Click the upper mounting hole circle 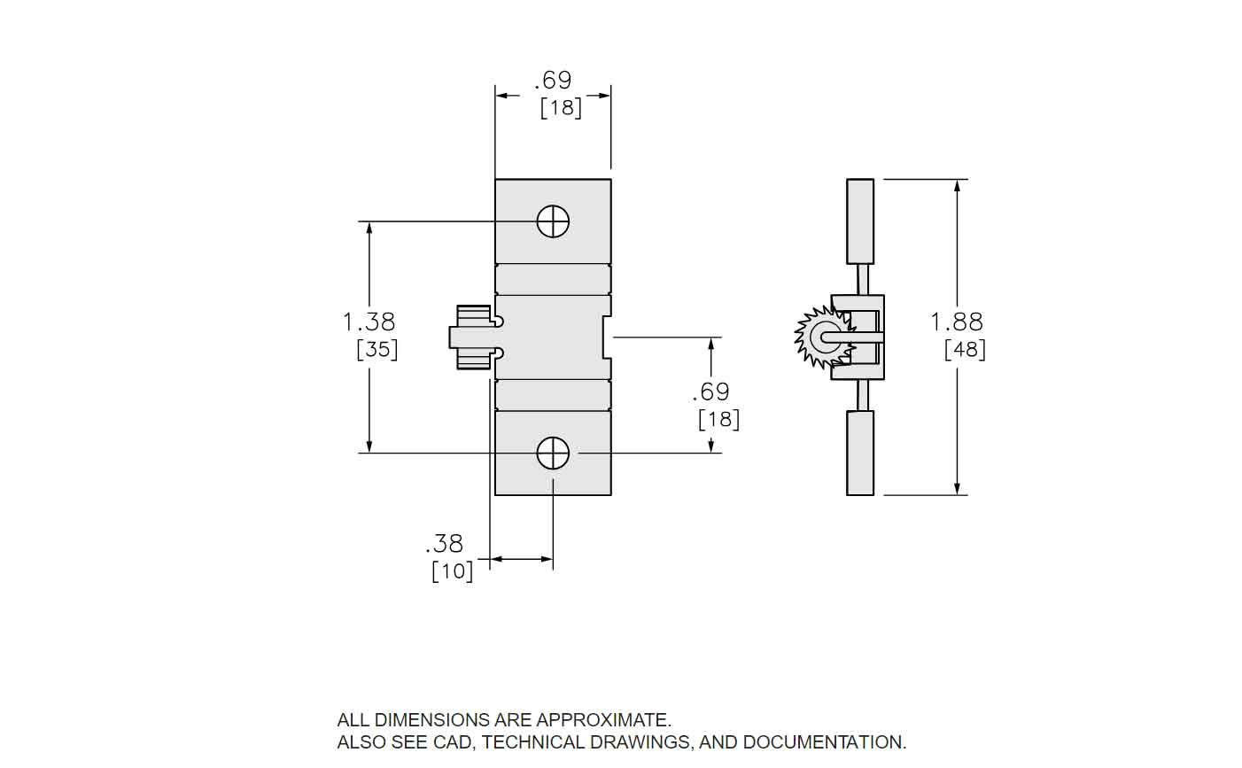pos(553,221)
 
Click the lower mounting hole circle pos(553,453)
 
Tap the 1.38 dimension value pos(369,322)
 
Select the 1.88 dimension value pos(957,322)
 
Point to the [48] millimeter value pos(965,350)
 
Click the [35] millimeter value pos(377,350)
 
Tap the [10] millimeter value pos(453,571)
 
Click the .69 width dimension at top pos(553,81)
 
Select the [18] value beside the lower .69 pos(718,419)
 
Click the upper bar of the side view pos(860,221)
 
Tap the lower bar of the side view pos(860,453)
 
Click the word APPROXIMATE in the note pos(603,721)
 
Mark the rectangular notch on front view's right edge pos(607,337)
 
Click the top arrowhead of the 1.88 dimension pos(957,186)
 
